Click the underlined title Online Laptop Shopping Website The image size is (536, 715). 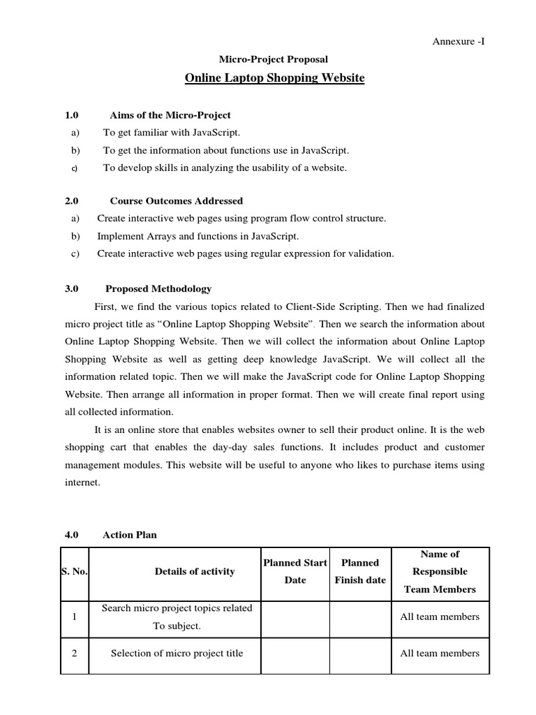(274, 78)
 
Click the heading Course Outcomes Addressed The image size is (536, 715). (177, 201)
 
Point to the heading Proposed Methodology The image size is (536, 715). (158, 288)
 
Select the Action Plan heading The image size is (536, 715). (130, 535)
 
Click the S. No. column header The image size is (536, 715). (74, 571)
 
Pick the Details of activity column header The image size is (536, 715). (195, 571)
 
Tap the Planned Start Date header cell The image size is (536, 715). (295, 571)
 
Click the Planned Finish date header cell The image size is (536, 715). (360, 571)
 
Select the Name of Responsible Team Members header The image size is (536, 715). (440, 571)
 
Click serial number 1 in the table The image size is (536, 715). (74, 617)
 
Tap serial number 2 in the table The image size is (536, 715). (74, 654)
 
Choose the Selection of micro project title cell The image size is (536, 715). (177, 654)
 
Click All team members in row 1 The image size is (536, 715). (440, 617)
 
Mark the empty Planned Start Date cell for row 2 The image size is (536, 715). (295, 654)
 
